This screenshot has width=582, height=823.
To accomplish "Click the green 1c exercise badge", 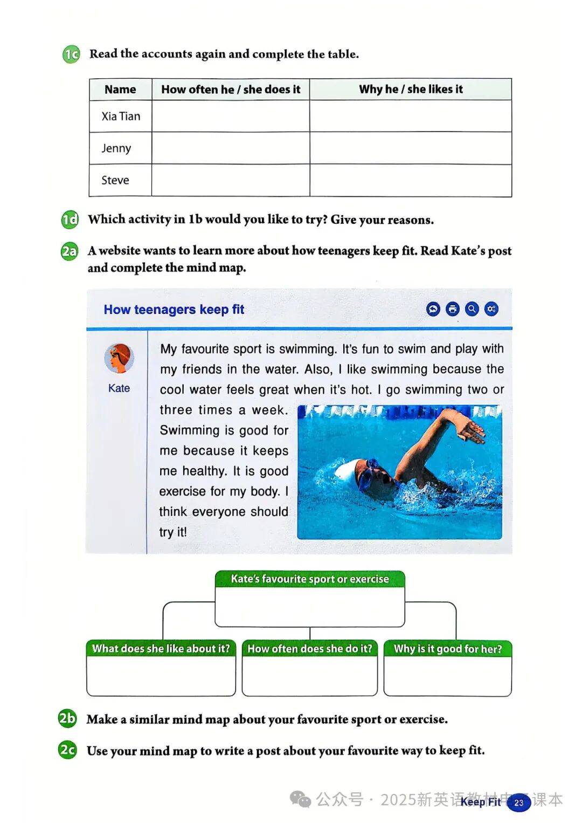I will [71, 54].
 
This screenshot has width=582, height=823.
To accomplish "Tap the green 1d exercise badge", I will [70, 220].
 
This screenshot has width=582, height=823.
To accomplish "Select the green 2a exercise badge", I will [70, 251].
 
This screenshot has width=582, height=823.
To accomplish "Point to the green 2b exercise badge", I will [67, 719].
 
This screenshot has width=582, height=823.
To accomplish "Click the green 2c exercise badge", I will [67, 750].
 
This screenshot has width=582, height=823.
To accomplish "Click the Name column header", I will [120, 90].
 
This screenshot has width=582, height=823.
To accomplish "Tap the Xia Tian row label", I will [121, 116].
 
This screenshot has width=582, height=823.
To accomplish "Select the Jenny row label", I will [116, 148].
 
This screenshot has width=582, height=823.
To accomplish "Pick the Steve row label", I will [115, 180].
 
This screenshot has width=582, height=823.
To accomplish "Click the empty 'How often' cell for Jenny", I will [231, 148].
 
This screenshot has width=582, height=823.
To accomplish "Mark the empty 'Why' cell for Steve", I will [410, 180].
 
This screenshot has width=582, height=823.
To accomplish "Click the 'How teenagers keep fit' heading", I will [174, 310].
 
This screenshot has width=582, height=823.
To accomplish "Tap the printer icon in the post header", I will [453, 309].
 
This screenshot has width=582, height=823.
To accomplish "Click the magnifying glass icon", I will [472, 309].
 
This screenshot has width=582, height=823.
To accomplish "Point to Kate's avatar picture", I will [119, 359].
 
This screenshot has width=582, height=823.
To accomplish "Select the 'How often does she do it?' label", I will [310, 649].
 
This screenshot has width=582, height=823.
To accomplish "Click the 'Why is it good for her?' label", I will [448, 649].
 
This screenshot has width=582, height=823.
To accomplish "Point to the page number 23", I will [519, 803].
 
